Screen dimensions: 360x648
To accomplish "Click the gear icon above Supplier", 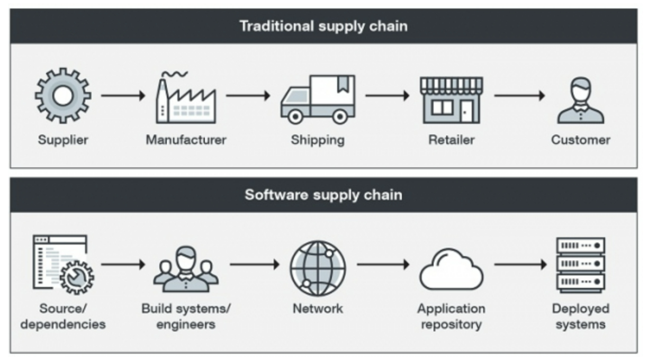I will [x=62, y=96].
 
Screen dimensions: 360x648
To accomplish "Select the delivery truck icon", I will [x=318, y=99].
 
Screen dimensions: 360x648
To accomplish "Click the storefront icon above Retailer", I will [x=451, y=100].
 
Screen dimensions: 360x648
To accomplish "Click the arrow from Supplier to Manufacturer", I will [x=123, y=96].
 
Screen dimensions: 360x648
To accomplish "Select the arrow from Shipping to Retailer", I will [x=387, y=96].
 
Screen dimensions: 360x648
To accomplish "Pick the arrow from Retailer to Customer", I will [x=519, y=96].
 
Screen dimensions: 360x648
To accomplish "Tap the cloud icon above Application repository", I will [x=451, y=270].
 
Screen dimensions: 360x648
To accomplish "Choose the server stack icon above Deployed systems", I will [x=580, y=265].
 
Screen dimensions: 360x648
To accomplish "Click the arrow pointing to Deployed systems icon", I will [x=520, y=264].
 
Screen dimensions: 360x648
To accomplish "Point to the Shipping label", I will [x=318, y=140].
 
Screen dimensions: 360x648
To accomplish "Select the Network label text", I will [x=318, y=309].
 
